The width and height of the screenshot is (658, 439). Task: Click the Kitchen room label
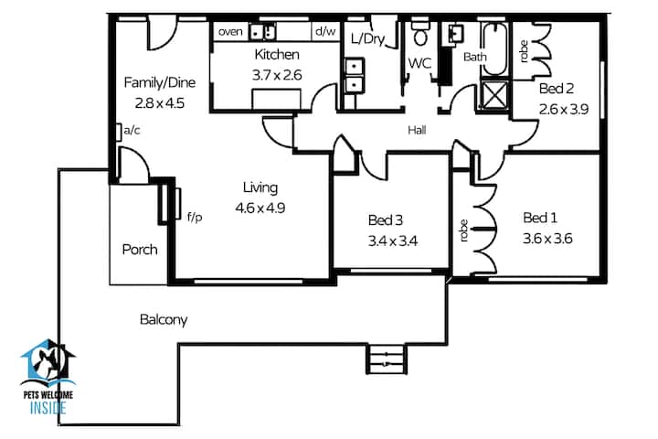[x=277, y=55]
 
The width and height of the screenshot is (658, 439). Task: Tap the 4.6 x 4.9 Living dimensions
[x=260, y=208]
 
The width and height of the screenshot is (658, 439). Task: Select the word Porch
[x=140, y=250]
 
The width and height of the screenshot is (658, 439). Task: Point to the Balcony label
[x=164, y=320]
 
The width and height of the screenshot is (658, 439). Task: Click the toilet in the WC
[x=420, y=31]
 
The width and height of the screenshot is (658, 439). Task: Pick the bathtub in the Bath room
[x=494, y=49]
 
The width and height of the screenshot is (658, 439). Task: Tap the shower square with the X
[x=494, y=95]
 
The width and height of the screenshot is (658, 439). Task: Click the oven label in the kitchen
[x=230, y=31]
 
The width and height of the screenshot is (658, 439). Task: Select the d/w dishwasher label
[x=325, y=31]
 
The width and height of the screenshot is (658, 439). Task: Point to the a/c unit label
[x=133, y=130]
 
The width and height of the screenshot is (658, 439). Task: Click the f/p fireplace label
[x=195, y=217]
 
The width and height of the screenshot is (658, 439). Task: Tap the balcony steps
[x=387, y=359]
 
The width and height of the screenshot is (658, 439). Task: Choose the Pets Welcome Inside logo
[x=48, y=377]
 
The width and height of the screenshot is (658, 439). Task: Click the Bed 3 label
[x=386, y=220]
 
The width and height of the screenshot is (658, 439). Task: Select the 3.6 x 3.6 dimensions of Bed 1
[x=547, y=239]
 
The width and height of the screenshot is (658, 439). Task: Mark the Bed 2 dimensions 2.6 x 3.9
[x=564, y=109]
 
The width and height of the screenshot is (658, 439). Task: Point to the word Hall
[x=417, y=130]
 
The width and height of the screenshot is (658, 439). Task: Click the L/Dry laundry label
[x=368, y=39]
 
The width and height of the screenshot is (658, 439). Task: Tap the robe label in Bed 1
[x=463, y=230]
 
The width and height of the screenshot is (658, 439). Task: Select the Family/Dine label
[x=160, y=82]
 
